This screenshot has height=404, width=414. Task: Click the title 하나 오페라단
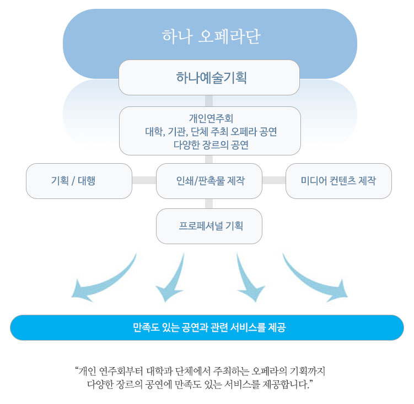[x=211, y=36]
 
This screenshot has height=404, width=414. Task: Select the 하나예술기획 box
[x=209, y=78]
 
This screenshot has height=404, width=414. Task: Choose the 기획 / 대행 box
[x=79, y=181]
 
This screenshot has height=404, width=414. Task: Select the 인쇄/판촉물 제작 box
[x=209, y=181]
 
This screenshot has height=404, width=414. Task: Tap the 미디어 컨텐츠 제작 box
[x=338, y=181]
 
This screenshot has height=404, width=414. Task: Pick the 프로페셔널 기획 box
[x=209, y=226]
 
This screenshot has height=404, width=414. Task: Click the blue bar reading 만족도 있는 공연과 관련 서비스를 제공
[x=207, y=328]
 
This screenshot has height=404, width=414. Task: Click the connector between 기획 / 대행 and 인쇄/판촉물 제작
[x=144, y=180]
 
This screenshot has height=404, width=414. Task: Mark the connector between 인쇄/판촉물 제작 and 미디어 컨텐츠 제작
[x=273, y=180]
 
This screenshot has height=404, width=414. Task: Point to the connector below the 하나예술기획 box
[x=209, y=101]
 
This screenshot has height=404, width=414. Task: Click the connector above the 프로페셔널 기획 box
[x=209, y=203]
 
